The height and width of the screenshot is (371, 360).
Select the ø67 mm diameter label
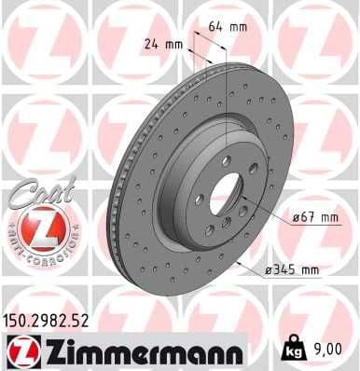pyautogui.click(x=310, y=217)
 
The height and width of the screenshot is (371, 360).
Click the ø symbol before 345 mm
pyautogui.click(x=269, y=270)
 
